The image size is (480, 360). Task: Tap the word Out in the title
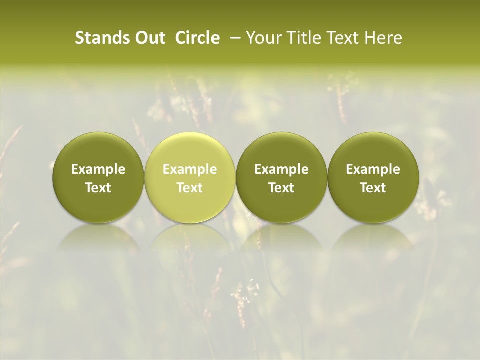(148, 38)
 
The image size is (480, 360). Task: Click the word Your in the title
(262, 38)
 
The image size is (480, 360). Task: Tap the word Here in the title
(383, 38)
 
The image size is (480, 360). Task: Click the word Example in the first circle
(98, 169)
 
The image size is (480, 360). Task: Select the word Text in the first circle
(98, 188)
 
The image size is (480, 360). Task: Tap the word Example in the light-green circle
(190, 169)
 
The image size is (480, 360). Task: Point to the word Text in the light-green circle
(190, 188)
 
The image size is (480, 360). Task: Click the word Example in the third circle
(281, 169)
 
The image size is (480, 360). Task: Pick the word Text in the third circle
(281, 188)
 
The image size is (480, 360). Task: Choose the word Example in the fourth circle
(373, 169)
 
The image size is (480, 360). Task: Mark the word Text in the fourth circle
(373, 188)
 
